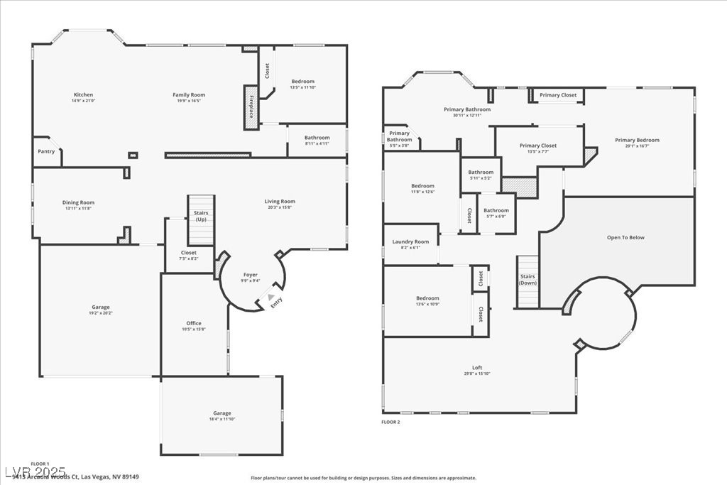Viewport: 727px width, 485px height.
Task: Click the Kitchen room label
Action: coord(83,94)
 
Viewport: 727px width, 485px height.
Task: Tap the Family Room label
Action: coord(189,94)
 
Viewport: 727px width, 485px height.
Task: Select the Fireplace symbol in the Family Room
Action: coord(250,107)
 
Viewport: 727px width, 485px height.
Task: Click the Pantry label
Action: coord(46,151)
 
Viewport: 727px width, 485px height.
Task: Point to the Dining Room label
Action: coord(78,202)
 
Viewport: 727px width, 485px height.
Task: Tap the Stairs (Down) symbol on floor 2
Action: coord(528,281)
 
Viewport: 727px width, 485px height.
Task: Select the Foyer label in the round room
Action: coord(251,274)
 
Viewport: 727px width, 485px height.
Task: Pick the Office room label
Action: coord(194,323)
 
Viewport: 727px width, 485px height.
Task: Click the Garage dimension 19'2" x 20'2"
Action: coord(100,312)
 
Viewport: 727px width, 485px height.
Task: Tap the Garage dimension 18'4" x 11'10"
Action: coord(222,419)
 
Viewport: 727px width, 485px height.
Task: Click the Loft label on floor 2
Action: coord(477,367)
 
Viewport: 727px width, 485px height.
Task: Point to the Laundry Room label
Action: coord(410,241)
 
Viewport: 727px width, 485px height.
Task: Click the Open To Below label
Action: coord(625,237)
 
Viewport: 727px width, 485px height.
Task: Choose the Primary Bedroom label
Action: coord(637,140)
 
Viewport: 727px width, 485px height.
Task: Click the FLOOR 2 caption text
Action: coord(391,422)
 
